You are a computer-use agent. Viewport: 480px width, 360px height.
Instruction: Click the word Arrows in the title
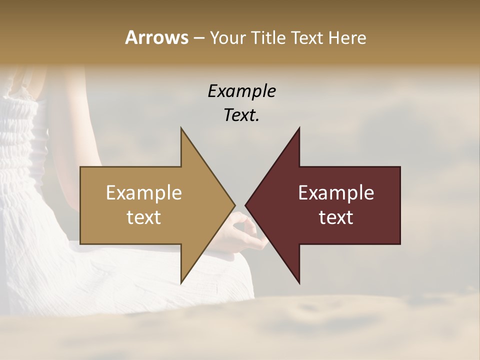(157, 37)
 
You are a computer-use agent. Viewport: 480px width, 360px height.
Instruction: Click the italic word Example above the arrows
(242, 91)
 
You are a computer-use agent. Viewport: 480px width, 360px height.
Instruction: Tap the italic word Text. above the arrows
(242, 115)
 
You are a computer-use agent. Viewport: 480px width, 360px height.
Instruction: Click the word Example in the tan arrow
(144, 193)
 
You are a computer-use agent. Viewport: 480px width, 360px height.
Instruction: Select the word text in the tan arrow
(144, 217)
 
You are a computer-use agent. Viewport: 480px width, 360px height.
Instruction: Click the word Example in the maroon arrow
(336, 193)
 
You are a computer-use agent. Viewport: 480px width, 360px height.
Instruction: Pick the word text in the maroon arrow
(336, 217)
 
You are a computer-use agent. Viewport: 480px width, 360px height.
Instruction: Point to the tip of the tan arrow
(234, 205)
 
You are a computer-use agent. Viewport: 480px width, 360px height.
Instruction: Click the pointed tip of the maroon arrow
(245, 205)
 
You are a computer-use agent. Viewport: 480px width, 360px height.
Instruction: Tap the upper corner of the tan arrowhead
(181, 128)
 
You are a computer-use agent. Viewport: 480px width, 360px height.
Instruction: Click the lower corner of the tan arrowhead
(181, 282)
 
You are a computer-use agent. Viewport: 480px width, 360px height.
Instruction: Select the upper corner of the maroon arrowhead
(299, 128)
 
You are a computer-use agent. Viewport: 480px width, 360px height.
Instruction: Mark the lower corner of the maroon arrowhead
(299, 282)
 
